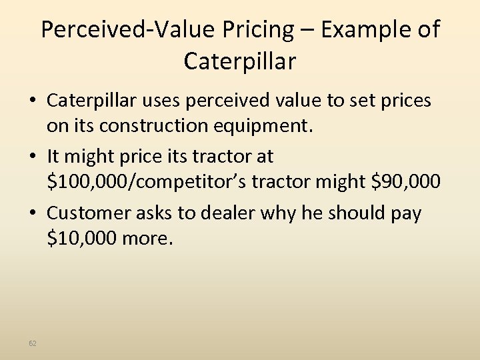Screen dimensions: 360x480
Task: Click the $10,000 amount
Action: point(81,237)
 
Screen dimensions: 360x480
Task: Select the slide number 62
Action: point(33,343)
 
